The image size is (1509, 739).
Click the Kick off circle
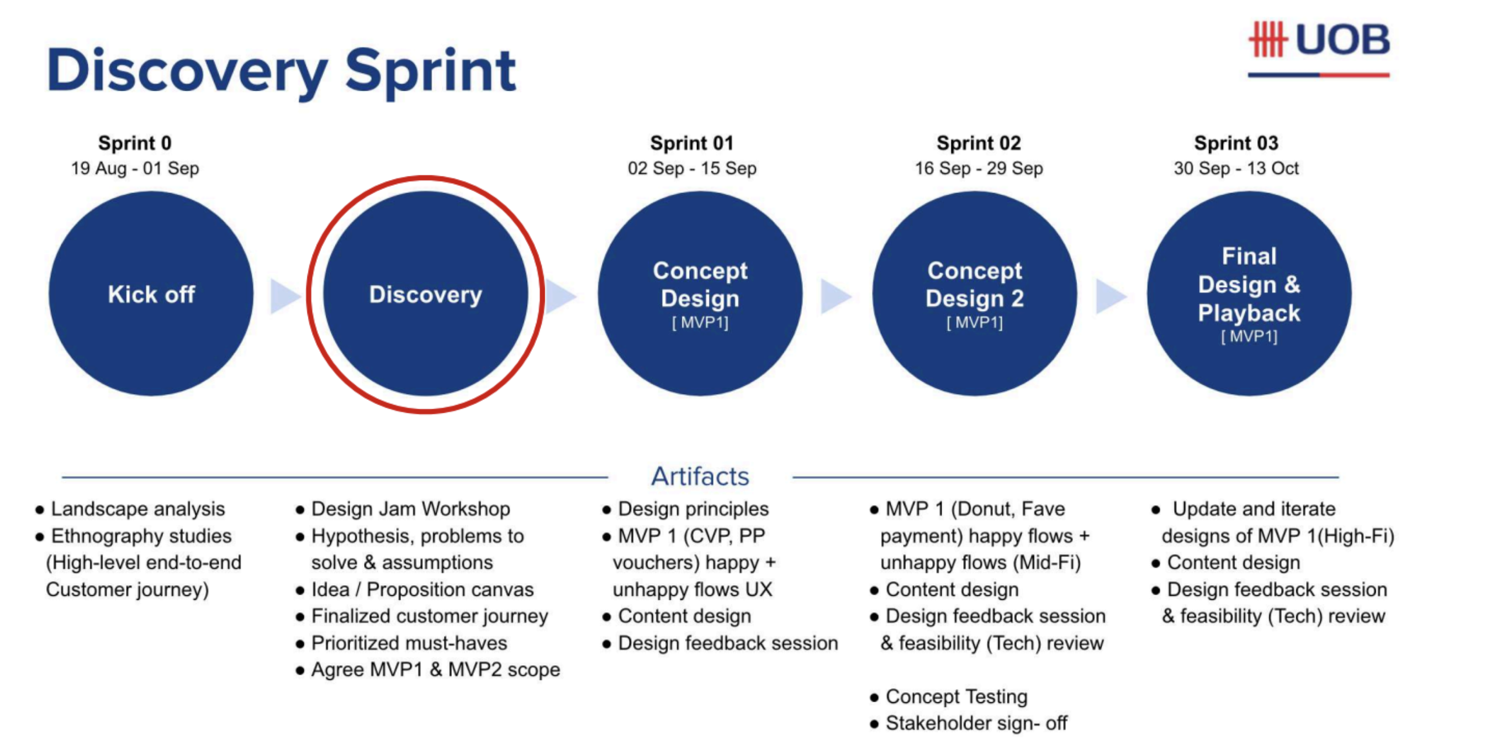tap(151, 293)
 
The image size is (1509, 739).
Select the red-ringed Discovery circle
tap(425, 293)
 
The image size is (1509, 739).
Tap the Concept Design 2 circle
tap(974, 293)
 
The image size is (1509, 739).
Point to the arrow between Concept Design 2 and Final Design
tap(1110, 296)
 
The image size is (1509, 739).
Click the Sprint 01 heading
tap(691, 143)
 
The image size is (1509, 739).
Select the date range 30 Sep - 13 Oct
tap(1235, 168)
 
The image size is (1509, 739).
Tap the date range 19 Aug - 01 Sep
tap(135, 168)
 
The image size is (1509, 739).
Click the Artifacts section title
tap(700, 476)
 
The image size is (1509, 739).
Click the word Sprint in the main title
tap(430, 70)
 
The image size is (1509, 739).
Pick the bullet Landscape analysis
tap(137, 509)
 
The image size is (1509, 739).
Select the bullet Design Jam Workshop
tap(410, 509)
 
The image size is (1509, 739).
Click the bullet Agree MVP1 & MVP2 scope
tap(435, 669)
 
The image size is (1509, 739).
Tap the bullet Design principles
tap(693, 509)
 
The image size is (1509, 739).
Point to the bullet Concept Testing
tap(956, 696)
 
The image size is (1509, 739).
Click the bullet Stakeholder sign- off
tap(976, 723)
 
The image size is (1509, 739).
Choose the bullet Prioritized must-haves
tap(409, 643)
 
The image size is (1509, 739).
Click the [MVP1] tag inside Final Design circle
tap(1249, 336)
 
